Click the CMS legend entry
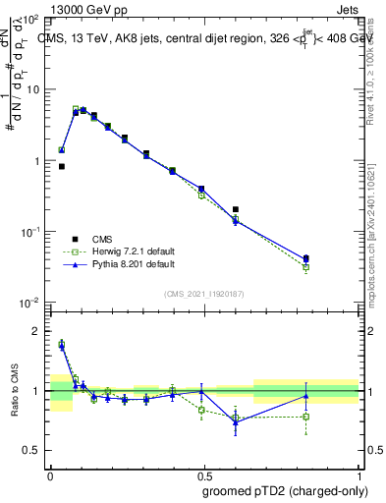102,239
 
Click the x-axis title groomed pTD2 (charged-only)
285,490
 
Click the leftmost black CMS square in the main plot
61,167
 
